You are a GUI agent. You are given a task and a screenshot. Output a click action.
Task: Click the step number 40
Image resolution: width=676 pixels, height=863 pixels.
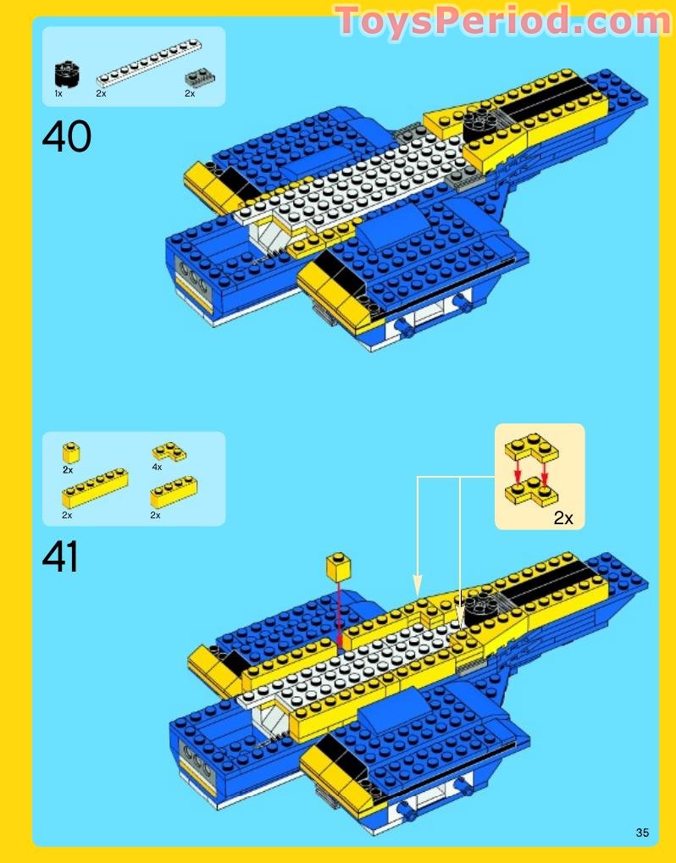coord(66,136)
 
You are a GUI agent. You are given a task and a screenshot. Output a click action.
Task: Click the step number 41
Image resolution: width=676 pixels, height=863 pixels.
coord(60,558)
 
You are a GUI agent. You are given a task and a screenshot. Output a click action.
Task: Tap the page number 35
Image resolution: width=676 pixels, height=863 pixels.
coord(642,833)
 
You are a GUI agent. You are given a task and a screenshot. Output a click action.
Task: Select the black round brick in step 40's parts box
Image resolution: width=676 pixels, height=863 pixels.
coord(65,74)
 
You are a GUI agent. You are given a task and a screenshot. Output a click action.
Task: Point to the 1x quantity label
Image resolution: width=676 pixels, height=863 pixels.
coord(58,94)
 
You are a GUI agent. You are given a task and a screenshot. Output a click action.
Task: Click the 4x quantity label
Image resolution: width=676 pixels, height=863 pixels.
coord(157,467)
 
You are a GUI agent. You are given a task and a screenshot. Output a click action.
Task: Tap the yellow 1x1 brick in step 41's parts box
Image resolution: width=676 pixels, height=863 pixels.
coord(69,451)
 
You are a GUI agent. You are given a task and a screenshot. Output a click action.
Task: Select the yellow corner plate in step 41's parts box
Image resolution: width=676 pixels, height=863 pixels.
coord(169,451)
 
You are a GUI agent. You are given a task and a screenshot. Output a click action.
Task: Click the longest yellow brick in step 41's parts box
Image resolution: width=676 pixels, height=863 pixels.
coord(94,488)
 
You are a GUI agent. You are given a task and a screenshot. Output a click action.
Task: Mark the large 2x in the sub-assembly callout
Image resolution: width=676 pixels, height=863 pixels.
coord(563,518)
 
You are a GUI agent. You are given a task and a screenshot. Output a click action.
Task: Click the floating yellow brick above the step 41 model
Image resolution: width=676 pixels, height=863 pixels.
coord(338,567)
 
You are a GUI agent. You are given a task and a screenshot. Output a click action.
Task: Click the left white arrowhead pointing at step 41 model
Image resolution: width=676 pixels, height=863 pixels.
coord(417,585)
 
